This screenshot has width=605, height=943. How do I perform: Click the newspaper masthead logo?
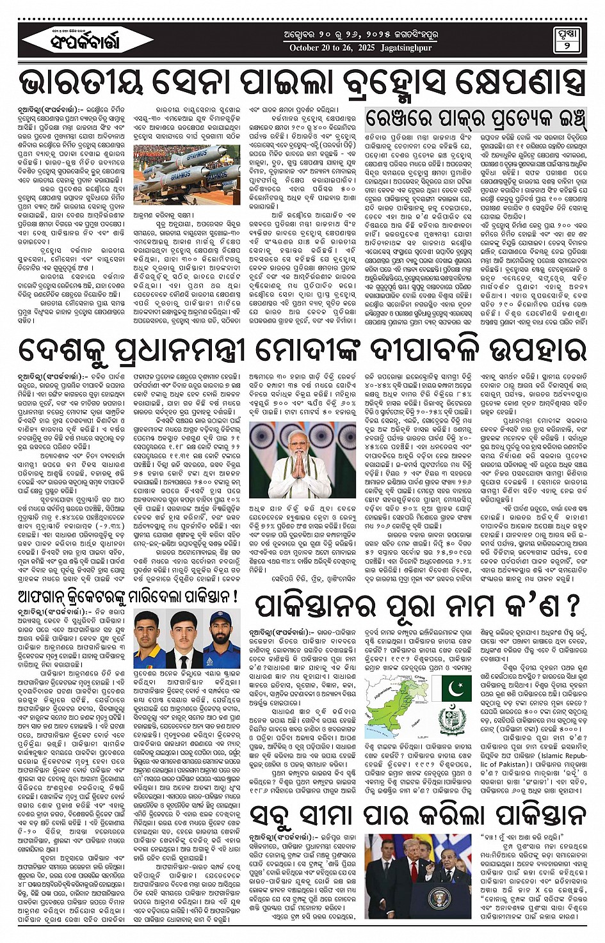click(79, 42)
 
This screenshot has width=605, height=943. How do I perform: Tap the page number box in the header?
click(568, 41)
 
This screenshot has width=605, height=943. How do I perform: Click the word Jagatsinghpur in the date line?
click(406, 48)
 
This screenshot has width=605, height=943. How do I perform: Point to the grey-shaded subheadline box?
click(475, 119)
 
